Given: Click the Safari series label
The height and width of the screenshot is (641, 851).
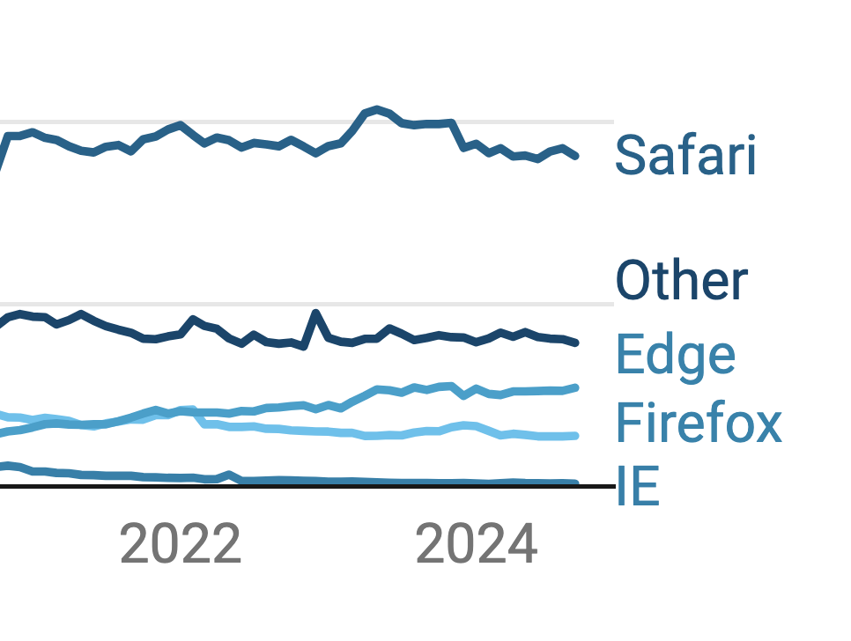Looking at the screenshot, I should pos(685,156).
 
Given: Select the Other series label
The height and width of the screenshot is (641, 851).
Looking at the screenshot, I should pos(682,281).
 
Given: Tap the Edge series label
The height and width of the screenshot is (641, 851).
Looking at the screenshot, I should pos(675,355).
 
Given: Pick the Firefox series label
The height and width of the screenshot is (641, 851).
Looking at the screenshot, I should pos(699,423).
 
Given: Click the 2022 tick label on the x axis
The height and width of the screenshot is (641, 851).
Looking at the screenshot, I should pos(181,545).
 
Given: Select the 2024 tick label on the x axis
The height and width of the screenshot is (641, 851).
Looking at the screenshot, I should pos(477,545).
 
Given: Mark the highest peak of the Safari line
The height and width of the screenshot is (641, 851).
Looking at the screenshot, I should pos(377,109).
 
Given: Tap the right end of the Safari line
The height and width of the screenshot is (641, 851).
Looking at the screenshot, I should pos(576,156).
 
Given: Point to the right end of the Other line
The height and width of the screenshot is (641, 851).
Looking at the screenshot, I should pos(576,343).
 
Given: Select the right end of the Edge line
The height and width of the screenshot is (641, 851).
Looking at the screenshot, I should pos(576,387).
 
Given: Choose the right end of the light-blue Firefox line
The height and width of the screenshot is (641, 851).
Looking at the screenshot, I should pos(576,435).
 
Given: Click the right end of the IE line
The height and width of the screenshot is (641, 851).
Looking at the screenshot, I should pos(576,483).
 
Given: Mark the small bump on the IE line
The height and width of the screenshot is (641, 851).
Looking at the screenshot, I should pos(230,475).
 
